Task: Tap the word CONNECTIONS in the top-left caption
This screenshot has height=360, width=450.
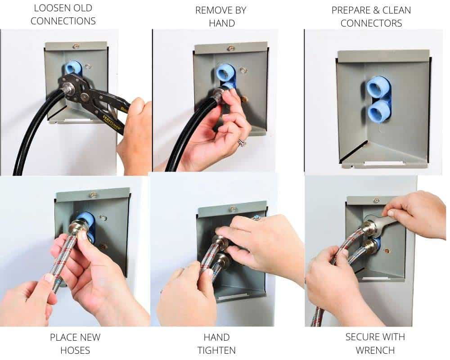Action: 63,21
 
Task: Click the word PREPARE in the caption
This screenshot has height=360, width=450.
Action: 351,10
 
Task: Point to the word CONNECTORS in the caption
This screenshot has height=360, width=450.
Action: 371,23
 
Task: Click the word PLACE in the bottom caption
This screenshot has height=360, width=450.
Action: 63,337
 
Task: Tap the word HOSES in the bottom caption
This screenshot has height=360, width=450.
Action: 75,351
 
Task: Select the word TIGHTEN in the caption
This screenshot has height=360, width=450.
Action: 217,351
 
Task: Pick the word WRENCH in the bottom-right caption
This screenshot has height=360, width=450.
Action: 375,351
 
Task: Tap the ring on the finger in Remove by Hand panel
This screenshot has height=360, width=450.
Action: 242,142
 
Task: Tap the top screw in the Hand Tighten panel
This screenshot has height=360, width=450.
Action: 232,209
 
